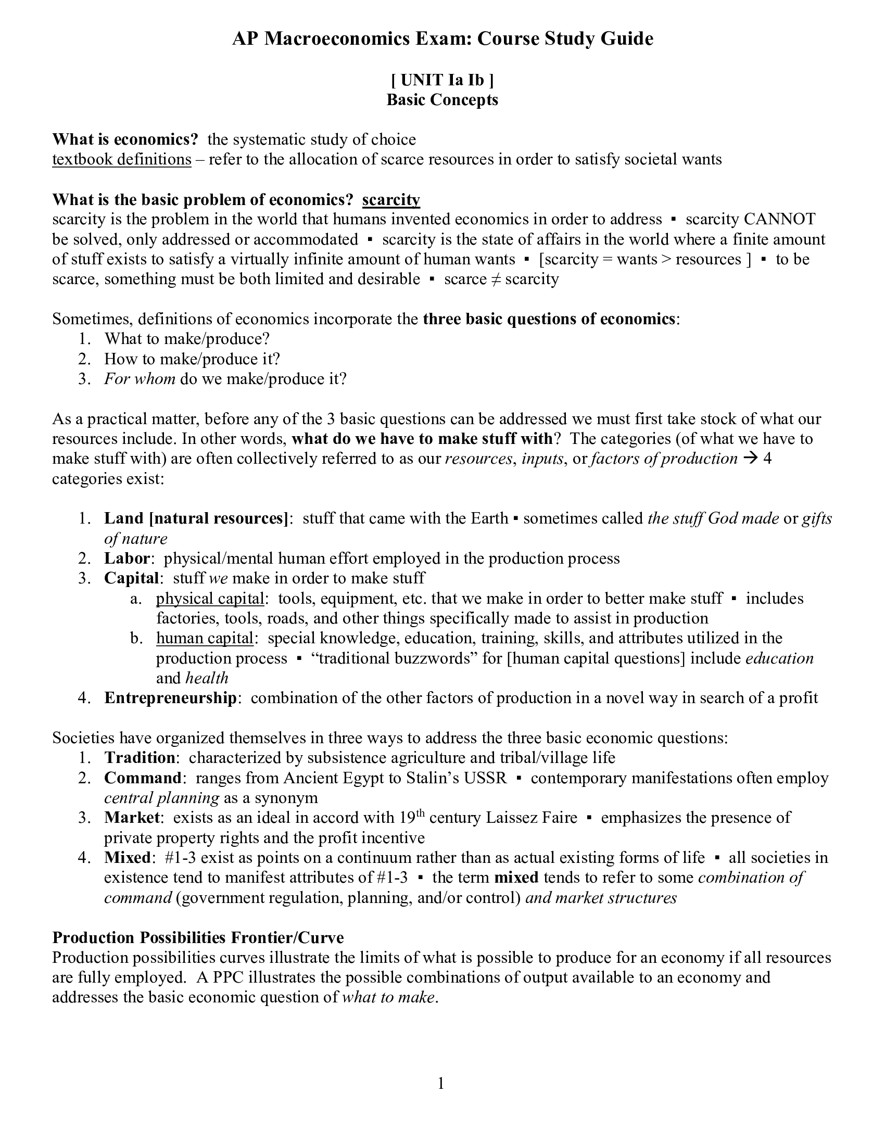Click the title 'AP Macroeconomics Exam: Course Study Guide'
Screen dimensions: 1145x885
(442, 39)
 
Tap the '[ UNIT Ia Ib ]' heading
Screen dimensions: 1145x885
(442, 80)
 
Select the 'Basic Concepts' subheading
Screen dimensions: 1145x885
(442, 99)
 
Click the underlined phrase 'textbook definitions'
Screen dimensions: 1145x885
(122, 159)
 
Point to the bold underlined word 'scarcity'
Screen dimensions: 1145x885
(390, 200)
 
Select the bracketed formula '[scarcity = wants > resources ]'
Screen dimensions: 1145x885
(644, 259)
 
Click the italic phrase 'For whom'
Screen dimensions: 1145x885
(140, 378)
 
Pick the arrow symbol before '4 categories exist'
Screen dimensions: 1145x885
(750, 459)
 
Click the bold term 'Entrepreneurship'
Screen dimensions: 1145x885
(170, 698)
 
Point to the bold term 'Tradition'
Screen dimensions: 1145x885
(140, 758)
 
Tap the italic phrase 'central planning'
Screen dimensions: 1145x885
(161, 797)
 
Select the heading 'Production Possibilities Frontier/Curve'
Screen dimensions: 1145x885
(198, 937)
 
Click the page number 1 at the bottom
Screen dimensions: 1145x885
(441, 1083)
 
